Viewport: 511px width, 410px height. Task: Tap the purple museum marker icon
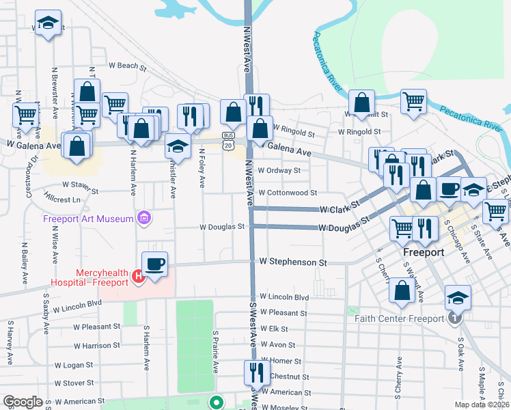coord(143,219)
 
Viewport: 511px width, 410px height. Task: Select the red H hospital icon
coord(137,276)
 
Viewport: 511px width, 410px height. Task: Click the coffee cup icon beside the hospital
coord(154,264)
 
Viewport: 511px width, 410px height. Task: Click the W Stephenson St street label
coord(293,262)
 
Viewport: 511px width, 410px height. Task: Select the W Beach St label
coord(128,67)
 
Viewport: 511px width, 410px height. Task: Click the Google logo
coord(23,402)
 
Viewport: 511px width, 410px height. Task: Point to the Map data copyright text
coord(481,405)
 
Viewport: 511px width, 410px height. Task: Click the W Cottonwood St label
coord(288,193)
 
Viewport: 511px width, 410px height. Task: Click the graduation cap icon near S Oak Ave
coord(458,297)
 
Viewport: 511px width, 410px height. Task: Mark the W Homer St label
coord(280,361)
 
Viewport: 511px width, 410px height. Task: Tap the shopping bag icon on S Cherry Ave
coord(402,290)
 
